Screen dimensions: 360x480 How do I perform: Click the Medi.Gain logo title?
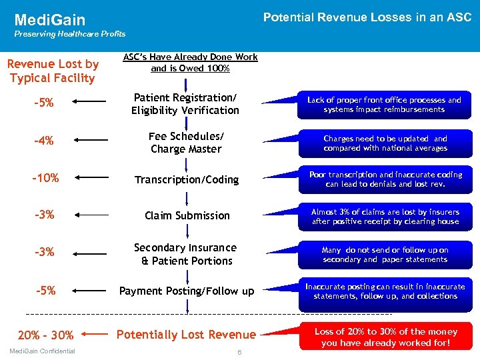[x=50, y=21]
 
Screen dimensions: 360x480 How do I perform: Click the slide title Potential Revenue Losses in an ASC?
[x=367, y=17]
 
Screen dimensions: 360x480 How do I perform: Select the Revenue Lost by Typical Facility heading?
[x=53, y=71]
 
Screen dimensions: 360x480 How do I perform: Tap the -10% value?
[x=46, y=178]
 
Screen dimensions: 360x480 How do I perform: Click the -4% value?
[x=46, y=141]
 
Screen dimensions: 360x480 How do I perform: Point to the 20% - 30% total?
[x=46, y=335]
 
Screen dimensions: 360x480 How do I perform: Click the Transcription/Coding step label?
[x=187, y=179]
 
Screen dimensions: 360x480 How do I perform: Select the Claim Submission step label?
[x=187, y=215]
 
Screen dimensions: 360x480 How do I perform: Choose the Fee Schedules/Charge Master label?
[x=186, y=142]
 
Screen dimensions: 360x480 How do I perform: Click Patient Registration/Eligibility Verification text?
[x=185, y=104]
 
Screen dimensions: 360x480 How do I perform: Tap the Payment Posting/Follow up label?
[x=187, y=291]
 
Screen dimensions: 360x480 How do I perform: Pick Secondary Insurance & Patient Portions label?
[x=186, y=254]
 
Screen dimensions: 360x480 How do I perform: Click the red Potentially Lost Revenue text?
[x=186, y=335]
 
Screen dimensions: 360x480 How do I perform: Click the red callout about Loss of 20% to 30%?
[x=385, y=337]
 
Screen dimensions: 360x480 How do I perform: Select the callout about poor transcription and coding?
[x=385, y=179]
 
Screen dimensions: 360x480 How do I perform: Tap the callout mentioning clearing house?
[x=385, y=216]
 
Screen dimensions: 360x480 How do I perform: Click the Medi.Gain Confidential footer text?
[x=43, y=351]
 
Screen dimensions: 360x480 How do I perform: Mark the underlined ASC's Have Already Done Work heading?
[x=191, y=63]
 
